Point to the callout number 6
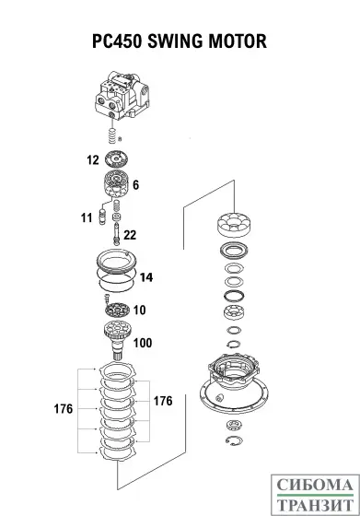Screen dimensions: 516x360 click(x=135, y=185)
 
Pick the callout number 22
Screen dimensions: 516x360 click(x=130, y=235)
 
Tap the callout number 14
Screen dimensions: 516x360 click(x=145, y=276)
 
